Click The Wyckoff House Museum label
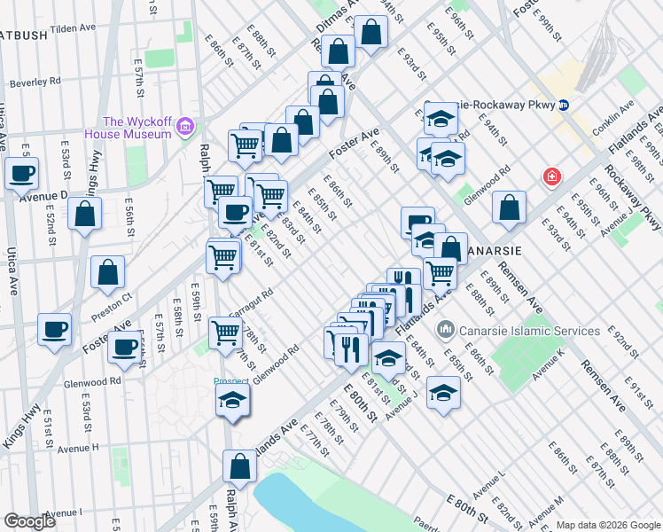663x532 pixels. coord(136,128)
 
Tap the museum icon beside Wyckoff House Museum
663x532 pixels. coord(185,128)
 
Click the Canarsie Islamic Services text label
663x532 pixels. coord(530,331)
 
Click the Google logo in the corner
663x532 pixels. coord(30,521)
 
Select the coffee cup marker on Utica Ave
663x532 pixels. coord(21,174)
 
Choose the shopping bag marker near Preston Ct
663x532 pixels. coord(107,273)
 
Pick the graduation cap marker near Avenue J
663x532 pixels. coord(443,393)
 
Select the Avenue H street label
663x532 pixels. coord(74,448)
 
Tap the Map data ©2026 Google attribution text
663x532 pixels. coord(607,525)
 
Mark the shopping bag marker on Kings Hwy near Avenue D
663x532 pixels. coord(84,214)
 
